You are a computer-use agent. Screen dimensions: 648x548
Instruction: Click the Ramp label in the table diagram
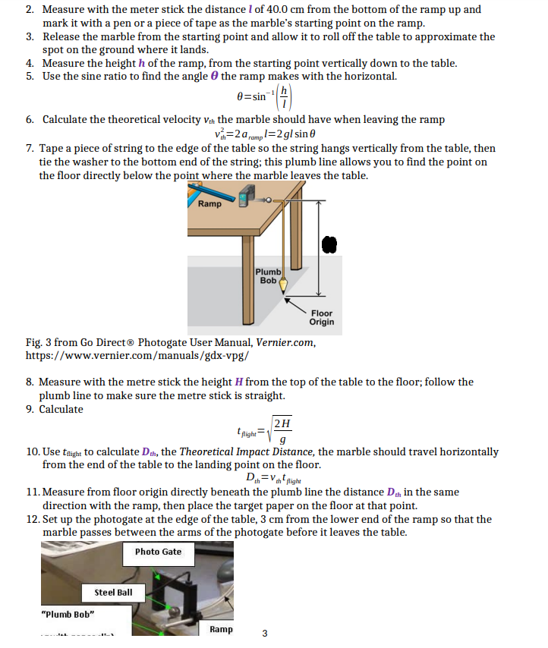pyautogui.click(x=209, y=204)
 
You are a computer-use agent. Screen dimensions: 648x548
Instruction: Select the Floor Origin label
pyautogui.click(x=321, y=317)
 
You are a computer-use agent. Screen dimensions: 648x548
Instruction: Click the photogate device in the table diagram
pyautogui.click(x=244, y=198)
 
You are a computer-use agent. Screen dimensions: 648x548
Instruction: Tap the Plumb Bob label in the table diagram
pyautogui.click(x=268, y=276)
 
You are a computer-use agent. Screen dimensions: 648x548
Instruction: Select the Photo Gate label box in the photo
pyautogui.click(x=158, y=552)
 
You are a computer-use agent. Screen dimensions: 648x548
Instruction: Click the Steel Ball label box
pyautogui.click(x=113, y=592)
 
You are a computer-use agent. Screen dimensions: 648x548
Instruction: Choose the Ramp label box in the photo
pyautogui.click(x=221, y=629)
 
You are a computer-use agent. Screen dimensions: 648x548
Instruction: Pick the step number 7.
pyautogui.click(x=29, y=148)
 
